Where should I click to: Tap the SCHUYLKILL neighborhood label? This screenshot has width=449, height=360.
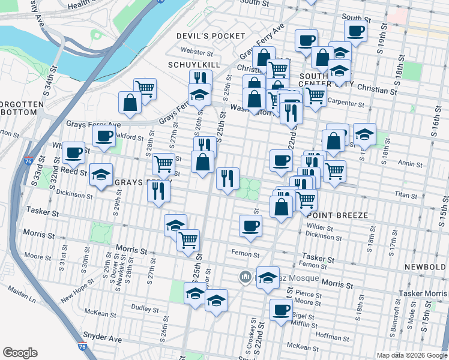(x=194, y=64)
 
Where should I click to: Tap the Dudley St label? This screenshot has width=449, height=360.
(x=145, y=308)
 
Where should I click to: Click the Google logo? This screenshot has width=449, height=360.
(x=20, y=353)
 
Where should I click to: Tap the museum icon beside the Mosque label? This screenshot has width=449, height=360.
(x=244, y=277)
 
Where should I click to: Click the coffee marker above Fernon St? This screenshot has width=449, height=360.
(x=250, y=226)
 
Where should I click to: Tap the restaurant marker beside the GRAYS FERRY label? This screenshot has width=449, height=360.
(x=158, y=190)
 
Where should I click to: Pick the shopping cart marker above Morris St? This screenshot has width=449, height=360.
(x=188, y=239)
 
